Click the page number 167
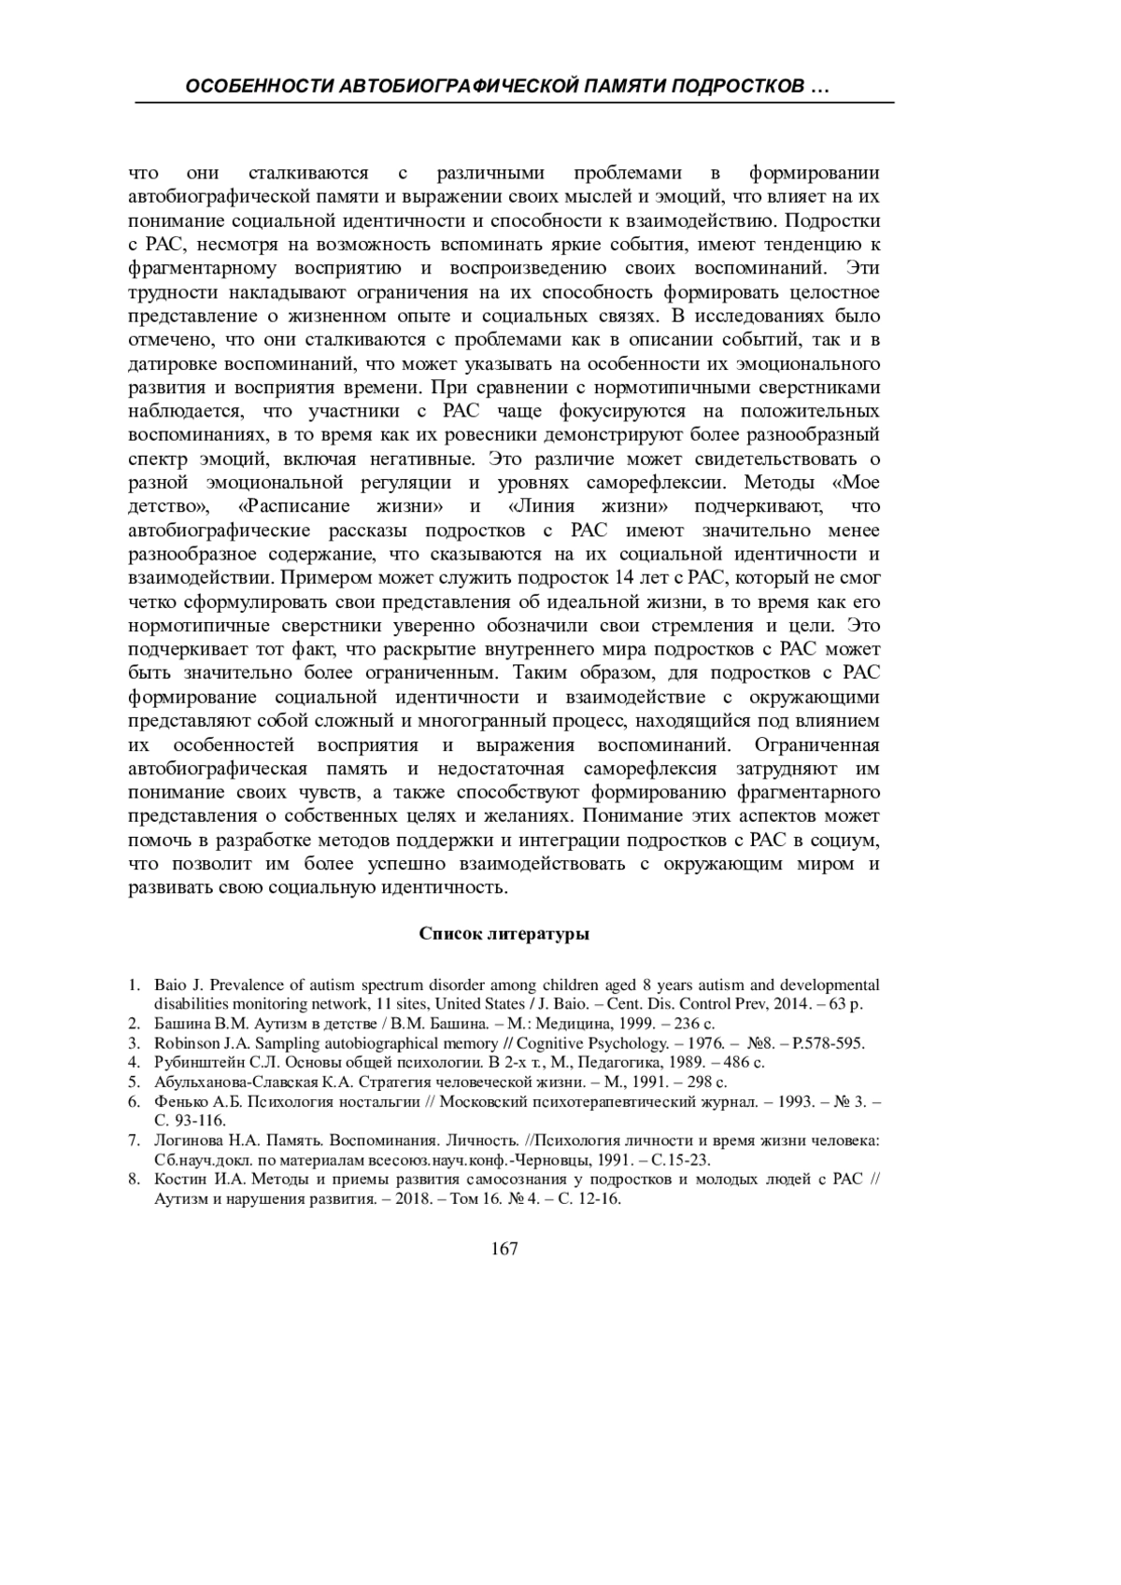(504, 1249)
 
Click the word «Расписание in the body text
(294, 506)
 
